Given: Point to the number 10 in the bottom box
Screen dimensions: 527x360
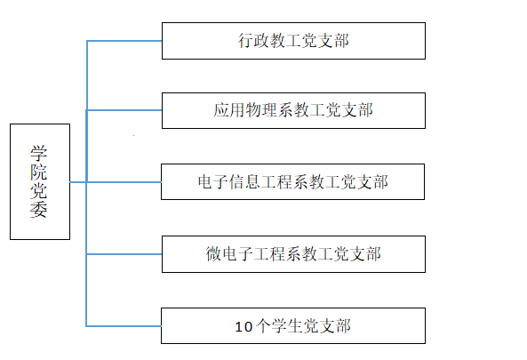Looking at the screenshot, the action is coord(244,327).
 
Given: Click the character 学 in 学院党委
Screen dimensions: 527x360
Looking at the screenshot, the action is coord(38,153).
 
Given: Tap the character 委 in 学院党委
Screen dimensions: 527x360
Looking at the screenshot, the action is coord(38,210).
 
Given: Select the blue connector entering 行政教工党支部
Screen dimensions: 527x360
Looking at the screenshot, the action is coord(124,41).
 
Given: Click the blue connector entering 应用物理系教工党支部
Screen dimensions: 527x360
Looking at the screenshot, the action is coord(124,110).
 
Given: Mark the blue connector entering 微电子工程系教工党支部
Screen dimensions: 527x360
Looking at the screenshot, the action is coord(124,254).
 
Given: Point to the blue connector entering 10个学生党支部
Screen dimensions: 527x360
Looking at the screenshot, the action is coord(124,325).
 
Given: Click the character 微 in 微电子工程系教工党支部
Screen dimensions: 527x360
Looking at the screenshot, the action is coord(214,254).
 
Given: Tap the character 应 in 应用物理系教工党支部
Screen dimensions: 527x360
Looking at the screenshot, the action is coord(221,110).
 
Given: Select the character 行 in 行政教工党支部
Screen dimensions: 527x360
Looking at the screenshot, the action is coord(246,41).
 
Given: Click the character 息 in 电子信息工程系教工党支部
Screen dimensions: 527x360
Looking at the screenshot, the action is coord(253,182).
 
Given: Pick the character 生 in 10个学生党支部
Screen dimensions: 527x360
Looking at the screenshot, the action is coord(296,326).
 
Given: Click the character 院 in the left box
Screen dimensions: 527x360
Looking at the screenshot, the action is coord(38,172).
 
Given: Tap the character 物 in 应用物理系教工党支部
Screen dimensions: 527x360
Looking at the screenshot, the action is coord(253,110).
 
